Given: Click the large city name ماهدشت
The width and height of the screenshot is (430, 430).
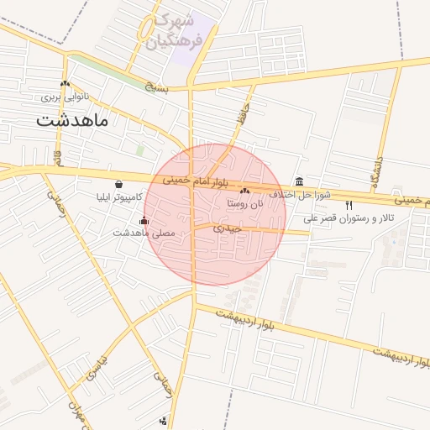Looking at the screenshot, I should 72,120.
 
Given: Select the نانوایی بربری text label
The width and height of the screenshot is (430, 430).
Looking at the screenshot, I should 65,97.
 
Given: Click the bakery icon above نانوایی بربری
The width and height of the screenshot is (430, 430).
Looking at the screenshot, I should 65,83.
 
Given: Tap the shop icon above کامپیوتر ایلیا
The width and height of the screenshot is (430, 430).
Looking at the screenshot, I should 118,184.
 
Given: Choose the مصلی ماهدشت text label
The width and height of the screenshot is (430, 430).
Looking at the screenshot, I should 144,233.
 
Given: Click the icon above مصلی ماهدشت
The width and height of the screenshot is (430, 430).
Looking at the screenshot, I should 144,221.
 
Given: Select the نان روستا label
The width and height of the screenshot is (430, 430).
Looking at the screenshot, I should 245,204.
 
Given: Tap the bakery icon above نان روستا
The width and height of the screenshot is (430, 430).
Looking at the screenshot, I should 245,191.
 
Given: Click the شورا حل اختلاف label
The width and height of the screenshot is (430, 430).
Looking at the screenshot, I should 301,195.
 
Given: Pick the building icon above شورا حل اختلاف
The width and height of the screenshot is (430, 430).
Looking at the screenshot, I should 300,182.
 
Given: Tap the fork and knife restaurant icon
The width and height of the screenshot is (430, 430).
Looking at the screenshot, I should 349,205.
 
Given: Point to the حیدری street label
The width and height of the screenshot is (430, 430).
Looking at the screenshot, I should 227,228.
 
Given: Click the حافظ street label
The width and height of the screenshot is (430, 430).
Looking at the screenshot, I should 241,113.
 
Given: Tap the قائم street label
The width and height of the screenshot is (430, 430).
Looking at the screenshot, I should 57,157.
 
